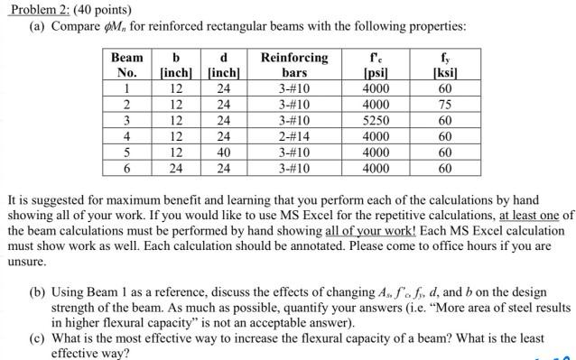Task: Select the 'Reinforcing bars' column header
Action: pyautogui.click(x=294, y=65)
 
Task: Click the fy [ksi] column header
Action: pyautogui.click(x=443, y=65)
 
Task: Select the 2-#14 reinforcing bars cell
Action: pyautogui.click(x=294, y=135)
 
